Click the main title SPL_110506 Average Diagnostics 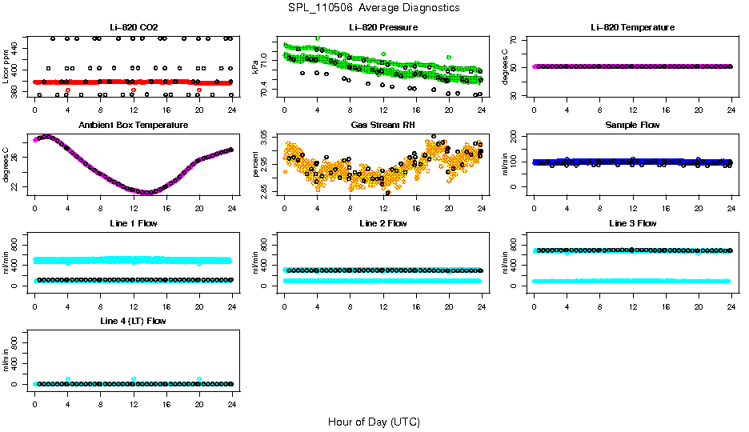point(374,7)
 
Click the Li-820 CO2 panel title point(133,27)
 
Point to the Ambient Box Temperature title point(133,125)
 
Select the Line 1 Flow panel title point(133,223)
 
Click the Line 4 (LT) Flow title point(133,321)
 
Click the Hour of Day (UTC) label point(374,422)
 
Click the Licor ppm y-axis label point(7,66)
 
